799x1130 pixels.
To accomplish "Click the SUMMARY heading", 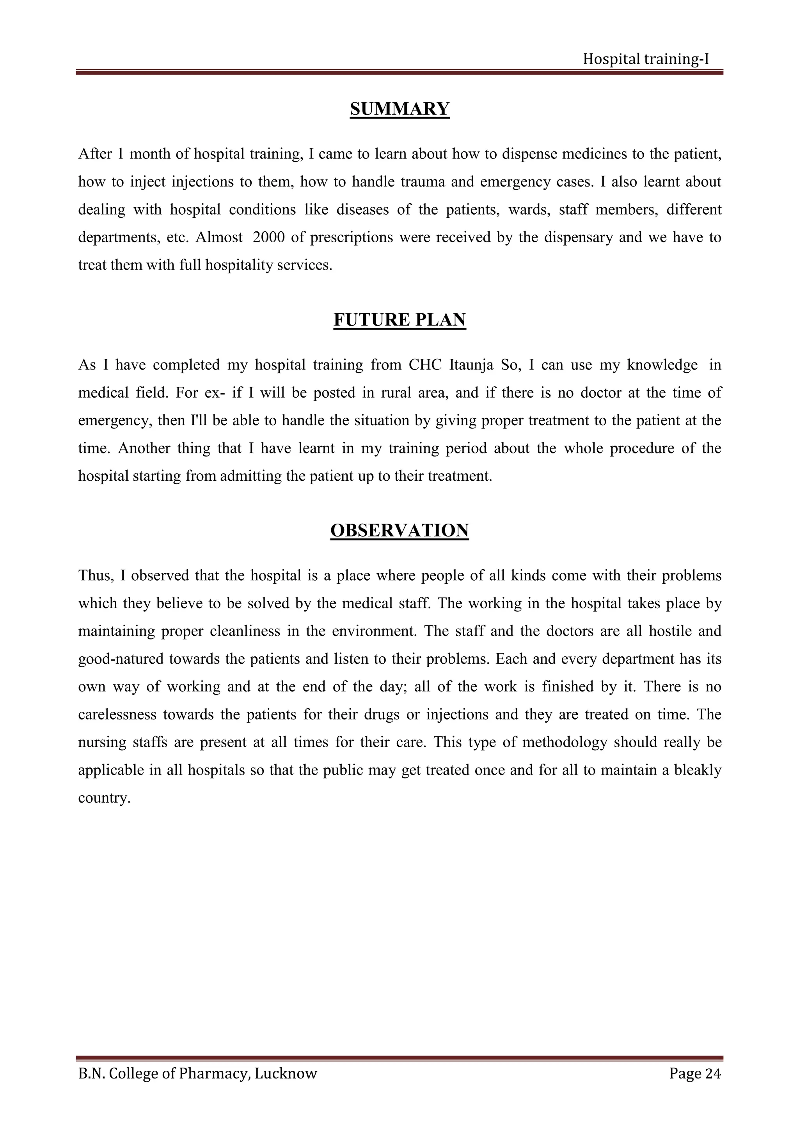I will point(399,109).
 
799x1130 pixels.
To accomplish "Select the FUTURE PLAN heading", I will point(399,320).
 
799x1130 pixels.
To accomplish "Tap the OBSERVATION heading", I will point(399,531).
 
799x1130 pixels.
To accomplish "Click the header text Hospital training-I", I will point(646,59).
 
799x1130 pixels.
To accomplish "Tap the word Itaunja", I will point(471,365).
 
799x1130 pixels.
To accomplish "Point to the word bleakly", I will point(697,770).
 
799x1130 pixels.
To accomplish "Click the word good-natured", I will point(121,659).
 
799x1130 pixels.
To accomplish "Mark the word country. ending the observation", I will point(104,798).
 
